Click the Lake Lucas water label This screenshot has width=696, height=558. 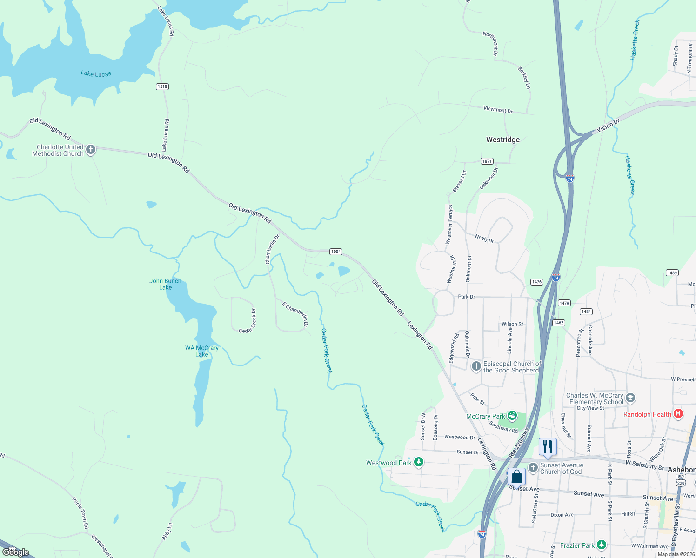[96, 73]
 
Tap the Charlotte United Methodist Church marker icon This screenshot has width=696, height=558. [91, 150]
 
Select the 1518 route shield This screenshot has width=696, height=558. [162, 86]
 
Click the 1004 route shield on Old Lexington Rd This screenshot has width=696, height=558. [336, 252]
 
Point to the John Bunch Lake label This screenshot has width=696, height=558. [165, 284]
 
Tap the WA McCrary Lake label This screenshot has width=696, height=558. [201, 351]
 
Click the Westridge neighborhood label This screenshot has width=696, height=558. [503, 139]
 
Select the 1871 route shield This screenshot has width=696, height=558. [487, 161]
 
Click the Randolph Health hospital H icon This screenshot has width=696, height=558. [678, 413]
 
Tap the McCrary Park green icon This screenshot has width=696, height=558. [512, 415]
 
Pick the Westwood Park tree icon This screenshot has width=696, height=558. [419, 462]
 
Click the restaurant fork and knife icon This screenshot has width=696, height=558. [548, 446]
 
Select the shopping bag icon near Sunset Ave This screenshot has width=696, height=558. [516, 477]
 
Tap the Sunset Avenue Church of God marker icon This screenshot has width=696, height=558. [533, 467]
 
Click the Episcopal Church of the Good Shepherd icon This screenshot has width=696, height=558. [476, 366]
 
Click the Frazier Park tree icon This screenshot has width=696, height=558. [602, 545]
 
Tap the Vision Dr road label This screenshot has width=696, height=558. [608, 126]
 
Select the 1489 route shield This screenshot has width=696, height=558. [672, 273]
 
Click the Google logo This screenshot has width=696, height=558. [16, 552]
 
